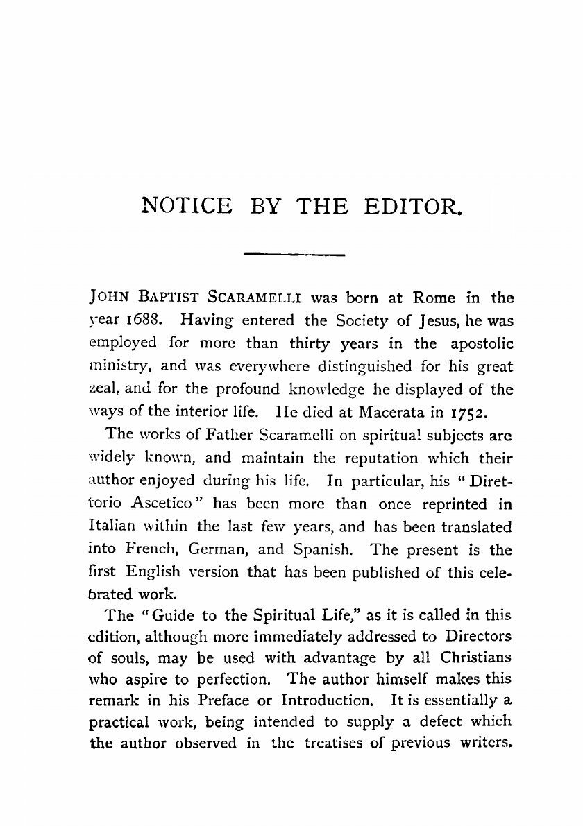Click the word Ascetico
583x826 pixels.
(x=161, y=504)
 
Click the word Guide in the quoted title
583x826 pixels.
(x=163, y=614)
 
